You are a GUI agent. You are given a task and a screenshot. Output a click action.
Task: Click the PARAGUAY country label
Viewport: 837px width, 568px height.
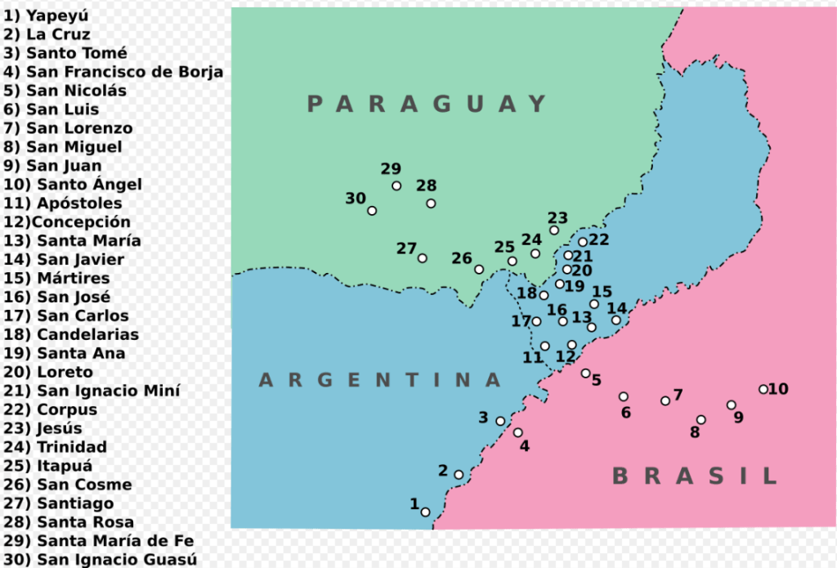coord(427,104)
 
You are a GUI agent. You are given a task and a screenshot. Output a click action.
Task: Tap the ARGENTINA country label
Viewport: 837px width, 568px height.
coord(380,380)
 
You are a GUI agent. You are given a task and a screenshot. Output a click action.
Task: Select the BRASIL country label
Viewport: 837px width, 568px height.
coord(695,476)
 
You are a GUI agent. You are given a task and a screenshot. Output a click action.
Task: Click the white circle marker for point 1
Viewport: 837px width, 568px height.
coord(425,512)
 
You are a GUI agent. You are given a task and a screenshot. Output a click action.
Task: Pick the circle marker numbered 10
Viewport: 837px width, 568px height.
coord(763,390)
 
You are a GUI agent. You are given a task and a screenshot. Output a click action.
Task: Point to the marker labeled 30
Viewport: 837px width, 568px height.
coord(372,211)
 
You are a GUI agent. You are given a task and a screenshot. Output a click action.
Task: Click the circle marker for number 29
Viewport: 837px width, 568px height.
coord(396,186)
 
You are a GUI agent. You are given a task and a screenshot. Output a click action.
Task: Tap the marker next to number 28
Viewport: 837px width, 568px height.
coord(431,203)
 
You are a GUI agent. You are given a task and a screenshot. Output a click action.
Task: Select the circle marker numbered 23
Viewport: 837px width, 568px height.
coord(554,230)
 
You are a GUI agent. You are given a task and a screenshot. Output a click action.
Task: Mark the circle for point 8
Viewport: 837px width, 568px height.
coord(700,420)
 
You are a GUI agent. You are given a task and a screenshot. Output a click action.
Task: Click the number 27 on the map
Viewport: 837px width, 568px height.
coord(407,248)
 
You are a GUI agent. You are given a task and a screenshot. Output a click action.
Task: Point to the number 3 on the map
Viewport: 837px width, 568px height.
coord(484,418)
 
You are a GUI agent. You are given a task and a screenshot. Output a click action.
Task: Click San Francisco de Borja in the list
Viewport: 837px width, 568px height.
coord(114,72)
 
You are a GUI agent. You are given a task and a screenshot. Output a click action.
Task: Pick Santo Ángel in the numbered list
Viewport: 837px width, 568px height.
coord(74,185)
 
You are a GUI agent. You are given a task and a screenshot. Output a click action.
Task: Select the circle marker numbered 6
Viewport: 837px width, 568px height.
coord(624,396)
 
